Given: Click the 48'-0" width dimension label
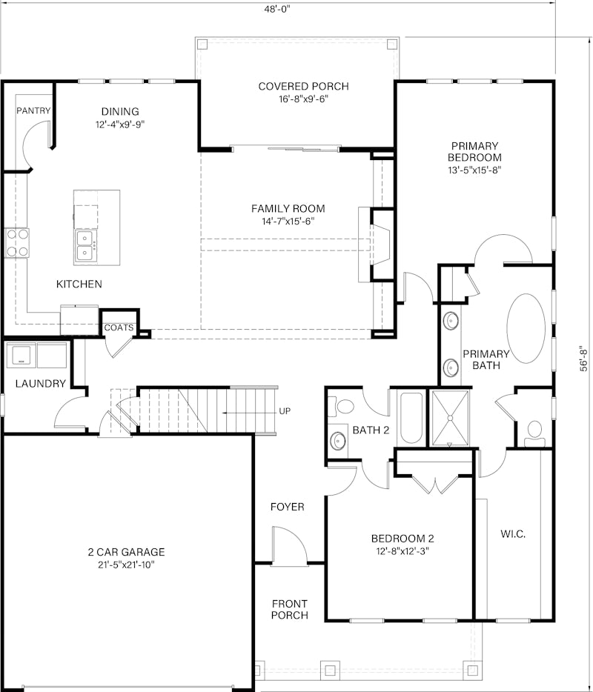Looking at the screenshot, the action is (276, 9).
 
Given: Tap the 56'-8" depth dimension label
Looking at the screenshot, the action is (584, 358).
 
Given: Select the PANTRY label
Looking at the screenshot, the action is (33, 110).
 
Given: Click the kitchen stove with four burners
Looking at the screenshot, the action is (17, 243).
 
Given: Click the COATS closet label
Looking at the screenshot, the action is (119, 328).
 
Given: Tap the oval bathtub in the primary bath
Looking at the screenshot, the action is (526, 328).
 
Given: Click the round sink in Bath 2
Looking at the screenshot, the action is (338, 440).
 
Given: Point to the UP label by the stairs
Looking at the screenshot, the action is (285, 411).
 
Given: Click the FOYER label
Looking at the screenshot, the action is (288, 507).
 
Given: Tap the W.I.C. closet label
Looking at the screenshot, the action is (513, 534).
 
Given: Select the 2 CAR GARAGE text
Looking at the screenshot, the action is (126, 552).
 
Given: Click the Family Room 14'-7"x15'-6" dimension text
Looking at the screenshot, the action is (288, 221).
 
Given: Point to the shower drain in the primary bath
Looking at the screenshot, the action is (450, 417).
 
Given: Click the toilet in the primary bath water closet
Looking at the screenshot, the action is (534, 434).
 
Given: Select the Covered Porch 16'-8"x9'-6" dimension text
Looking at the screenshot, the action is (303, 99).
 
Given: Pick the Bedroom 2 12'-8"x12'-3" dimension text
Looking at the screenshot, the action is (402, 550).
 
